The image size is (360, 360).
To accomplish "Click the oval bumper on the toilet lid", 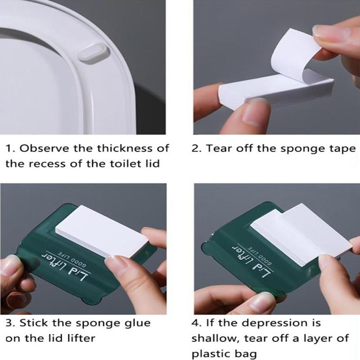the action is coord(92,53).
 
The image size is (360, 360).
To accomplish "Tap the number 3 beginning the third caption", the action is coord(9,323).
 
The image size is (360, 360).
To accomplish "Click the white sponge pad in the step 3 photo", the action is coord(102,231).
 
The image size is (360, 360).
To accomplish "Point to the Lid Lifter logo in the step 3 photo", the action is coord(66,267).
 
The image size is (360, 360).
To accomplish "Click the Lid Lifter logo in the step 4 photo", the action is coord(252,261).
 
